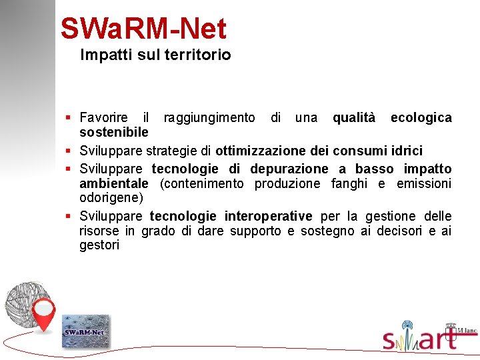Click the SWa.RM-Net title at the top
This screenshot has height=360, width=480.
pos(143,29)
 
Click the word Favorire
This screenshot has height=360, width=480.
pos(103,118)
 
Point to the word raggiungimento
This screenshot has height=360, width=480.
pos(209,118)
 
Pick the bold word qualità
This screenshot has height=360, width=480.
pos(353,118)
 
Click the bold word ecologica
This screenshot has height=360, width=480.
pos(421,118)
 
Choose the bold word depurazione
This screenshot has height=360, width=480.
pos(289,169)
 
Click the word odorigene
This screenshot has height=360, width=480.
pos(111,198)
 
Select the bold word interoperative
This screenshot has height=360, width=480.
pos(268,216)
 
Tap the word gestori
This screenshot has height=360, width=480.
pos(99,245)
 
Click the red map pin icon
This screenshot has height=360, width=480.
pos(44,314)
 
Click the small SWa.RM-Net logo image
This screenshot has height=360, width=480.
pos(85,331)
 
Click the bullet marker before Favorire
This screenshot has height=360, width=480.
pos(69,118)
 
